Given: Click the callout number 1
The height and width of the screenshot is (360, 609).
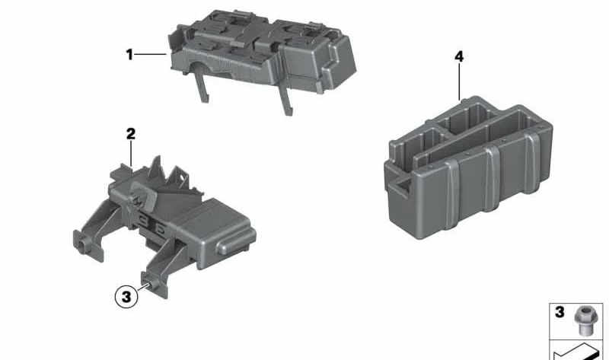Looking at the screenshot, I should point(129,54).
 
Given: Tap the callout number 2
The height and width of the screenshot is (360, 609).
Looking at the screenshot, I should point(130,134).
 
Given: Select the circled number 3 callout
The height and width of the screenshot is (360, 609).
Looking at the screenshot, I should point(127,295).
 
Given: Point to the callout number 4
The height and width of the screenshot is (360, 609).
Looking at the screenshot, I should point(459,57).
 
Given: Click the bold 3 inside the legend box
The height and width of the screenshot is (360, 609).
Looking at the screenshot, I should point(560,312).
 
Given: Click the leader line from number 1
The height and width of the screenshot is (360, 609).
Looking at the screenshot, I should point(151,54).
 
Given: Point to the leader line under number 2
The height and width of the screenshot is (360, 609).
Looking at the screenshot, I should point(131,153).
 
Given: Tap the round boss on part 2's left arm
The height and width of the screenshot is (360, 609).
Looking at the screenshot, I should point(81,245).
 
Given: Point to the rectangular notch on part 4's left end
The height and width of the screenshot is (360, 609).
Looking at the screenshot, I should point(399,182).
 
